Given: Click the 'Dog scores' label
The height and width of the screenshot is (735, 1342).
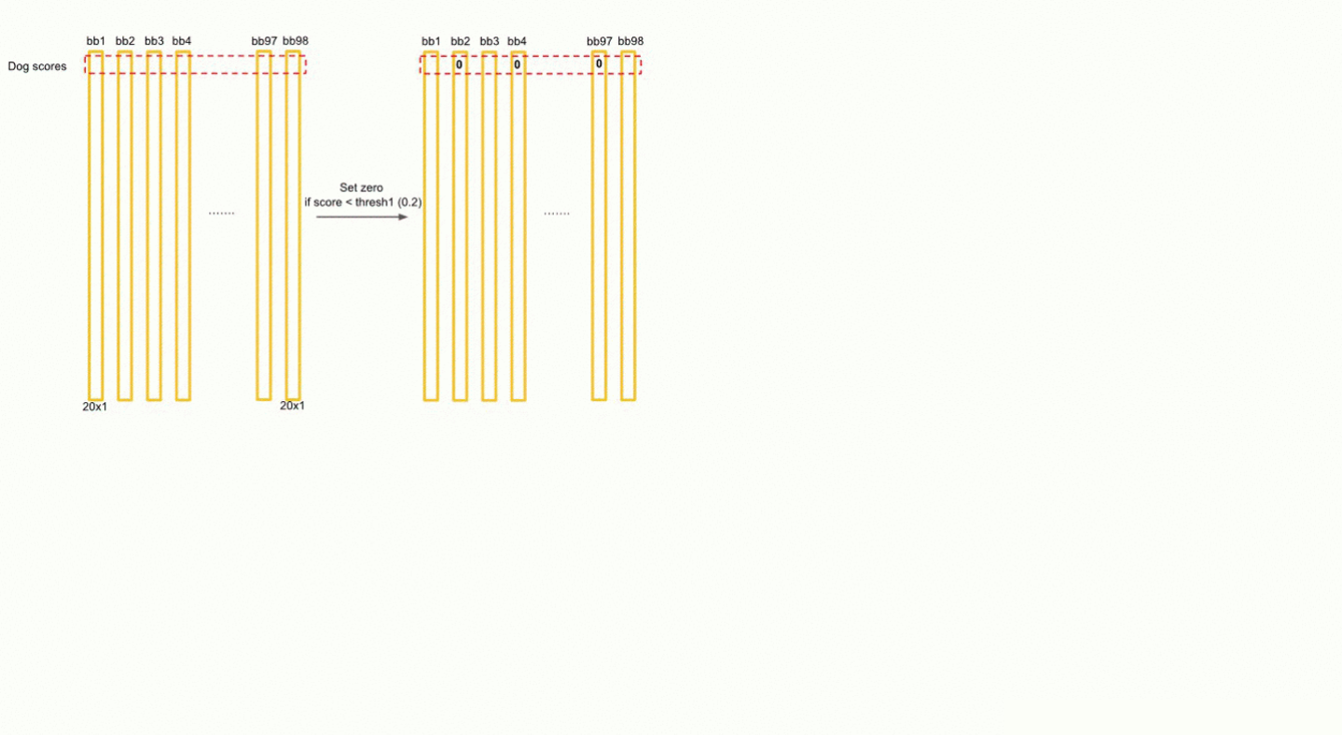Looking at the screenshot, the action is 37,66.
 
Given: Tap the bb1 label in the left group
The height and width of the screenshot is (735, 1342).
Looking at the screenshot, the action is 96,41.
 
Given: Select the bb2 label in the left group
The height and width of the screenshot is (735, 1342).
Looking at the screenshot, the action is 125,41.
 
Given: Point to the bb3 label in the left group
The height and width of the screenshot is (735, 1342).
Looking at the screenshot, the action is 154,41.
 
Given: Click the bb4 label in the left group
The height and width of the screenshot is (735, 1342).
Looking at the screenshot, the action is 182,41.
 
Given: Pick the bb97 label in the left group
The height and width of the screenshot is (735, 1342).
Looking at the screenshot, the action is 264,41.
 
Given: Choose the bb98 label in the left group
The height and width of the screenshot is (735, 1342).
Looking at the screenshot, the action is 296,41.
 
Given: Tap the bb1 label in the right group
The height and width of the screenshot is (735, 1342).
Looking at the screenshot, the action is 431,41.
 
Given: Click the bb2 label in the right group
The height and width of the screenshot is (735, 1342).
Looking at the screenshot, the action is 460,41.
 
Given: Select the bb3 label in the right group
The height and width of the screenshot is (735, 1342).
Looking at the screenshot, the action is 490,41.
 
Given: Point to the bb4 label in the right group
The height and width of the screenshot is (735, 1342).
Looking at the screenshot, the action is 517,41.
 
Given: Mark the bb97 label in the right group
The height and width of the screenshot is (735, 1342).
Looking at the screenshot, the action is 599,41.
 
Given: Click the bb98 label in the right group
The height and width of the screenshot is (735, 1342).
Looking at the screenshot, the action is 630,41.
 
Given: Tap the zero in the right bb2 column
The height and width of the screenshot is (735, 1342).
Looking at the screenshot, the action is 460,64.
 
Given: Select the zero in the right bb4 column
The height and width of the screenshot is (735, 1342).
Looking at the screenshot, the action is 517,64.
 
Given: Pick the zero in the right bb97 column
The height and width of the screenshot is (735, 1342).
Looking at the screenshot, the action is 599,64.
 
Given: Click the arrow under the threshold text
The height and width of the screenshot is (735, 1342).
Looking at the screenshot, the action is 362,216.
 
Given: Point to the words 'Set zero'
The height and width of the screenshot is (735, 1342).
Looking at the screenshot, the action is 361,187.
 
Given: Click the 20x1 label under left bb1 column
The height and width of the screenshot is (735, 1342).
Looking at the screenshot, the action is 95,407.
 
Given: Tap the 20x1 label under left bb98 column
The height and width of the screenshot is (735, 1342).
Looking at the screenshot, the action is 292,406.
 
